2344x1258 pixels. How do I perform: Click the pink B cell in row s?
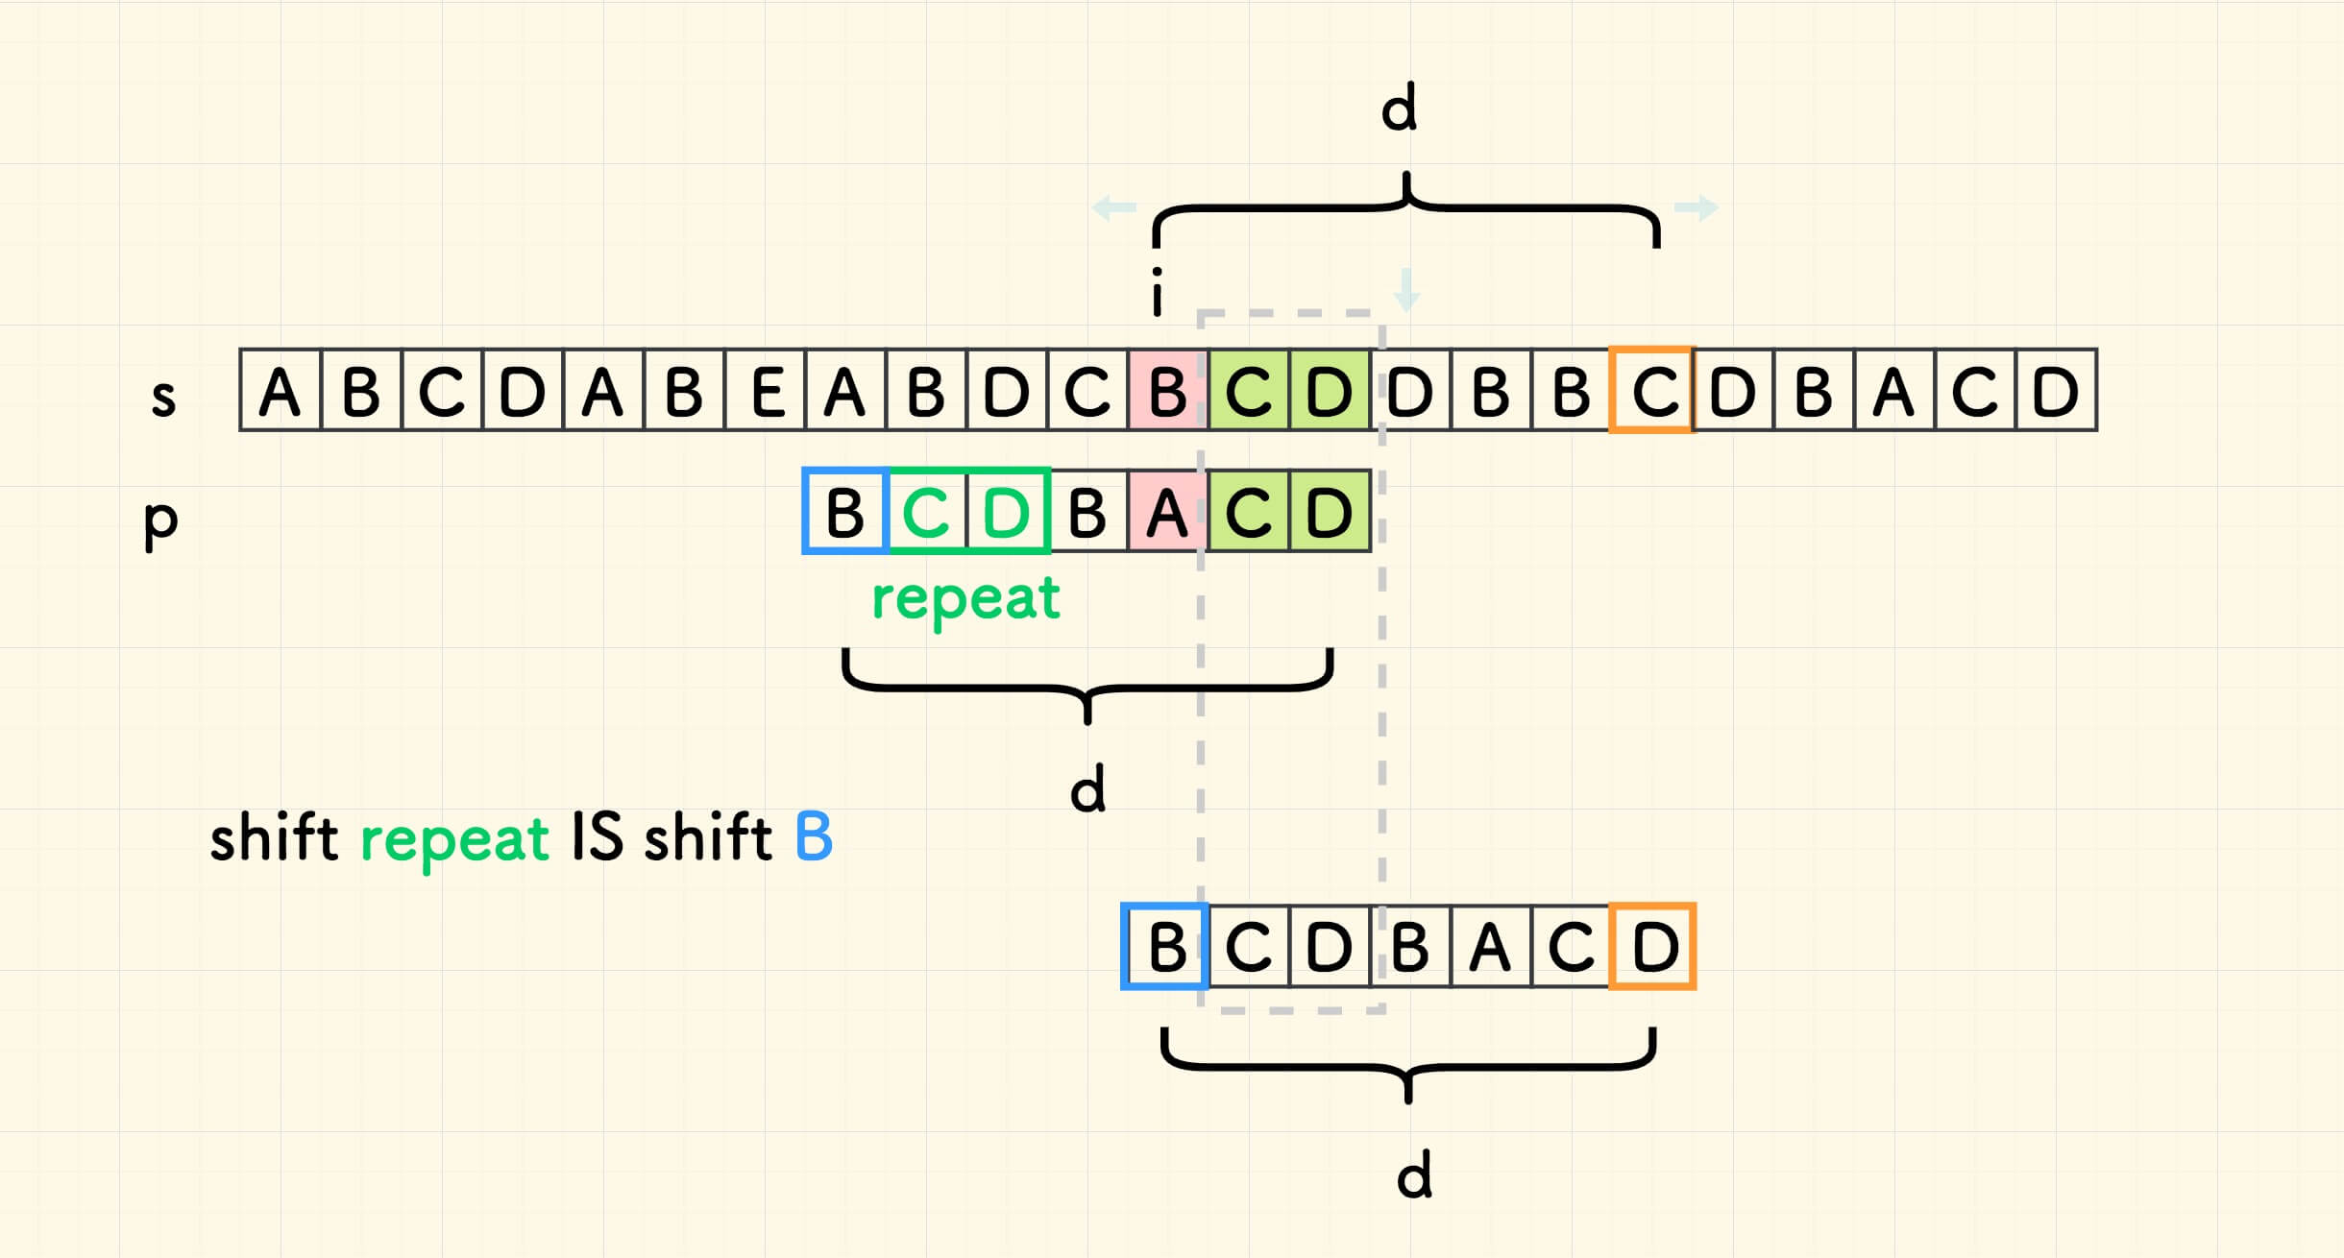click(1167, 391)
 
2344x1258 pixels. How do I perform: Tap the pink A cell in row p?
click(1167, 512)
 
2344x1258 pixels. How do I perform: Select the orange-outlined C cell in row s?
click(1652, 391)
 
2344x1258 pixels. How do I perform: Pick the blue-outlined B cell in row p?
click(845, 512)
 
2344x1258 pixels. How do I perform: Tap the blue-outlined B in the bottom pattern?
click(1165, 947)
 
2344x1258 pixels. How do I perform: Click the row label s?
click(164, 397)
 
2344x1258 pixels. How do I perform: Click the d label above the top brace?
click(1399, 108)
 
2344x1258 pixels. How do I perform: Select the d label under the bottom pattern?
click(1414, 1175)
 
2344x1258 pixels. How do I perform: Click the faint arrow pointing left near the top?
click(1114, 207)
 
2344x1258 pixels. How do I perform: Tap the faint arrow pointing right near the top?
click(1697, 207)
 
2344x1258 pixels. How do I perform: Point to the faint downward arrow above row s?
click(1406, 290)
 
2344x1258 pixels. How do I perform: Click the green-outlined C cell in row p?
click(926, 512)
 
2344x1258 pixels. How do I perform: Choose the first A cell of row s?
click(280, 391)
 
